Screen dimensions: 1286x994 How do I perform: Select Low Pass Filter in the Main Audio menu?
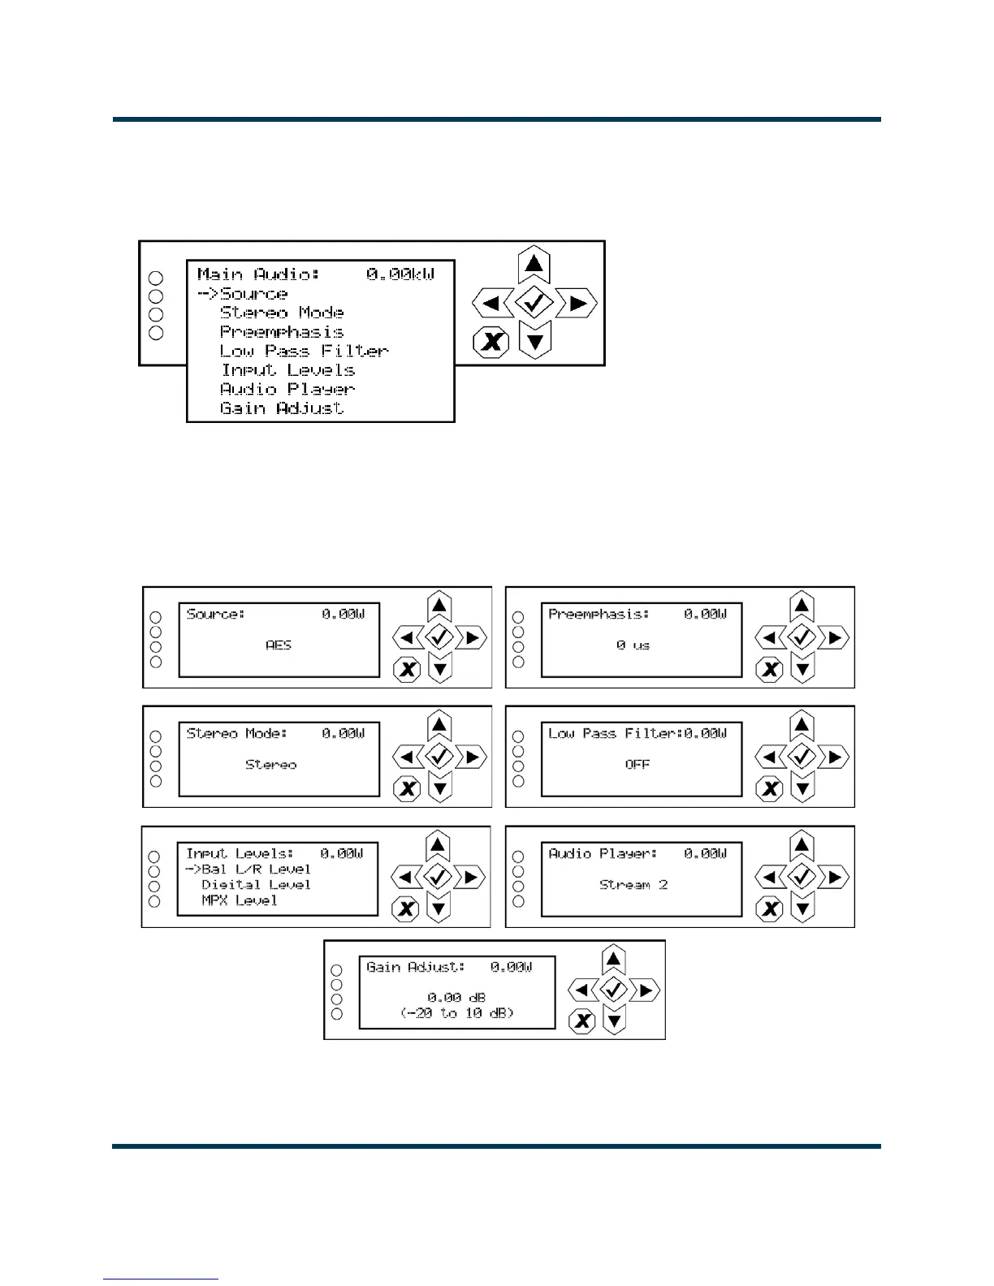click(x=304, y=351)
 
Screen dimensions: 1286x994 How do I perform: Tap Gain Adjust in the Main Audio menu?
click(x=281, y=408)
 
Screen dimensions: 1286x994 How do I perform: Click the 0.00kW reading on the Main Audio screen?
click(x=400, y=274)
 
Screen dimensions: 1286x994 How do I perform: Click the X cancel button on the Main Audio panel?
click(x=491, y=341)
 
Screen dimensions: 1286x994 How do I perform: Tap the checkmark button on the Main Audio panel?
click(x=534, y=304)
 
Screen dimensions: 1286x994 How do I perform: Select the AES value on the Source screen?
click(x=278, y=645)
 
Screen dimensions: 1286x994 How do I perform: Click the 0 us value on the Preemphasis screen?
click(x=633, y=645)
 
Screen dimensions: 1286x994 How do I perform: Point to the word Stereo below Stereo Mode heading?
click(x=270, y=765)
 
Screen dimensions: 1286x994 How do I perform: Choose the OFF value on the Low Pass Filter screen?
click(x=637, y=765)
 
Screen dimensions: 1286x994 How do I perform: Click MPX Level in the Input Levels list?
click(x=239, y=900)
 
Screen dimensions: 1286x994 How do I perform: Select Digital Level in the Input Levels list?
click(x=256, y=885)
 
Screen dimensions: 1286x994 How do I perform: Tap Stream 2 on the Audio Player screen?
click(x=633, y=885)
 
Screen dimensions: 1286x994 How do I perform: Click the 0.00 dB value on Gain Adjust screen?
click(x=456, y=998)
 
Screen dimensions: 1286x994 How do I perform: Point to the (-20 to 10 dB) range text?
click(x=457, y=1013)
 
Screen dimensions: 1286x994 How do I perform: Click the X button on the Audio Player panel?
click(x=770, y=908)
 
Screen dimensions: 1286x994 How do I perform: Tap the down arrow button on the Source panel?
click(x=439, y=669)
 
